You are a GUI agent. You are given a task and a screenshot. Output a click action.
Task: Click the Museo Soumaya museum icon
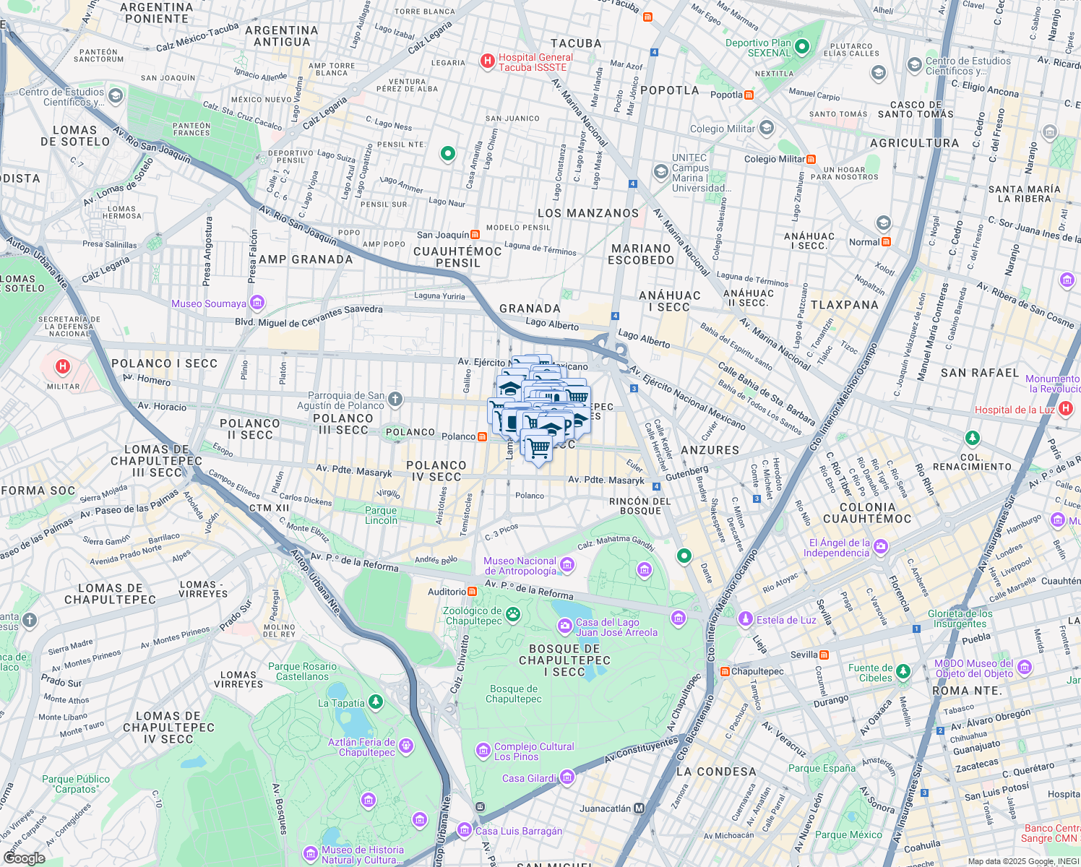[257, 303]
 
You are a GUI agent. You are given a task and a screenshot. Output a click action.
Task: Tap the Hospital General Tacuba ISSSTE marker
[488, 61]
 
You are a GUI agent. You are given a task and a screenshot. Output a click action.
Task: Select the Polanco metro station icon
[482, 436]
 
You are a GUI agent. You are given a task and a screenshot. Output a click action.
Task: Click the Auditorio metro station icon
[472, 591]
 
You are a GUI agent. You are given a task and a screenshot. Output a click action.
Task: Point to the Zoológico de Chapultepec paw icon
[512, 615]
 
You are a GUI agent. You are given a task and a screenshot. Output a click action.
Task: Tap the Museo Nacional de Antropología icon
[567, 565]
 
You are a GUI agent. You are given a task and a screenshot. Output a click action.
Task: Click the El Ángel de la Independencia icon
[880, 547]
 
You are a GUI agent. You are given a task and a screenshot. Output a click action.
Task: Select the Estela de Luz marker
[745, 619]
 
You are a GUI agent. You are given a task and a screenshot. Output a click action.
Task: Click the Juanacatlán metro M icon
[639, 808]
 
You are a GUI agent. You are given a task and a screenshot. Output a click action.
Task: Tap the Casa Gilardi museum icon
[567, 777]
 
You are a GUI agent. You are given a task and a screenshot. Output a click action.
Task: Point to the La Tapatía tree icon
[375, 702]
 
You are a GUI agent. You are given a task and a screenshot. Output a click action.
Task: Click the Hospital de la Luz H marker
[1066, 409]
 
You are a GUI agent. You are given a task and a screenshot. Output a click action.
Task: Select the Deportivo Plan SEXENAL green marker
[801, 48]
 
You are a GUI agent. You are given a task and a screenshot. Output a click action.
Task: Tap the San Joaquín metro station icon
[475, 234]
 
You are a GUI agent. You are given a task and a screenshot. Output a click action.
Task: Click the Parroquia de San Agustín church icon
[395, 399]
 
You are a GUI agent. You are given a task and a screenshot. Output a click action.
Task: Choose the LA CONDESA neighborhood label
[716, 772]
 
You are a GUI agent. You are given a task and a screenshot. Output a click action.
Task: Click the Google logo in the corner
[24, 858]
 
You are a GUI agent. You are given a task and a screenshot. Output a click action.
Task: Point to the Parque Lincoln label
[381, 515]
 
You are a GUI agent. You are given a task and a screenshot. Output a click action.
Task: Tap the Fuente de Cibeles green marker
[903, 672]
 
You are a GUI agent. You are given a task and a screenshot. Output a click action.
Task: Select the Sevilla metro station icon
[824, 655]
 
